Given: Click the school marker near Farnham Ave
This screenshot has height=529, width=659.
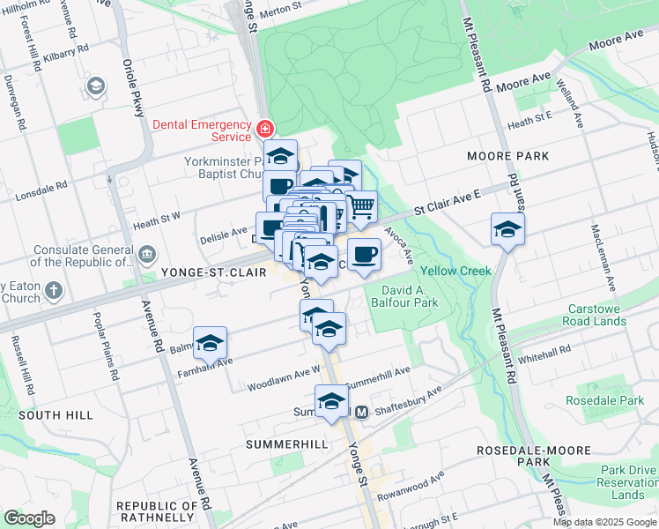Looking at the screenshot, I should tap(210, 344).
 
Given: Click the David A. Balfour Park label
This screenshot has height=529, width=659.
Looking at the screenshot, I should tap(409, 296).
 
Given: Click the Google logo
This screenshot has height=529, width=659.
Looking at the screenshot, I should tap(28, 518).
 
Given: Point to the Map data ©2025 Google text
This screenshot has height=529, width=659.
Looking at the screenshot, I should tap(603, 522).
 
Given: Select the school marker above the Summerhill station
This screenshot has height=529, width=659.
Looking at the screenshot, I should tap(331, 400).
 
